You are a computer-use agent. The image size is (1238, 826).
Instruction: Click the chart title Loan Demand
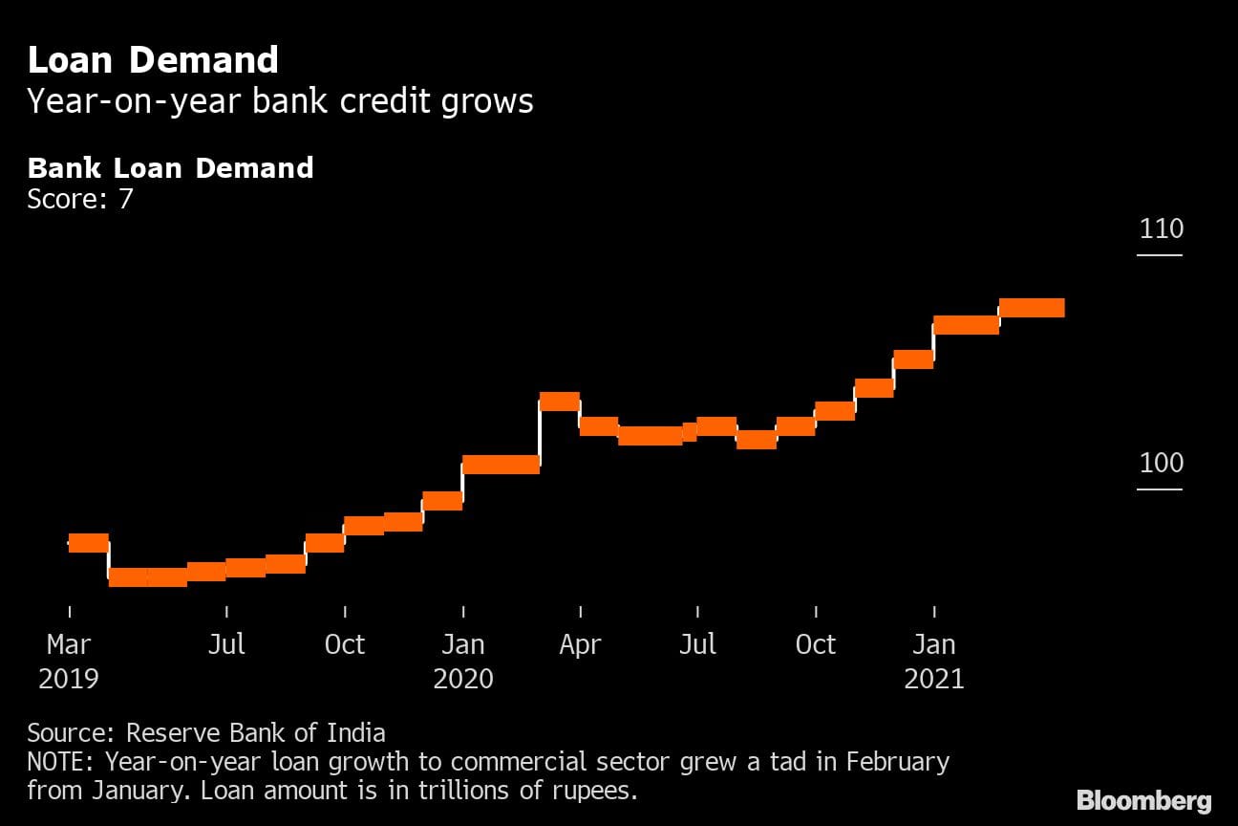153,60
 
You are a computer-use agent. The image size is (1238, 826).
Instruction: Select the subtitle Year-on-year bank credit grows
280,101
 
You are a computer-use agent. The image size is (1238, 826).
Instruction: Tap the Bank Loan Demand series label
170,168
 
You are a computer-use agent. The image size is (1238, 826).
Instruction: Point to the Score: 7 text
80,199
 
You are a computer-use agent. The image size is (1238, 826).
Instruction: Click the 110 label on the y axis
1161,229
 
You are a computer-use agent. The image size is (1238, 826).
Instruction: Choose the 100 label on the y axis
1161,464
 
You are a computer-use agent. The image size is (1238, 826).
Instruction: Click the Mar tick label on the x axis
69,644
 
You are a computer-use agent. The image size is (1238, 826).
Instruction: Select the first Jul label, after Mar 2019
226,644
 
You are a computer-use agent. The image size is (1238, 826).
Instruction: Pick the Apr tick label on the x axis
580,644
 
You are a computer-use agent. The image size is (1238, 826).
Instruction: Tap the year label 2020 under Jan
463,679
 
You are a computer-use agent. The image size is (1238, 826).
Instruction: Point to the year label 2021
934,679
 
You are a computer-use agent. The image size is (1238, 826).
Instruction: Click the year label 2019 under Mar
69,679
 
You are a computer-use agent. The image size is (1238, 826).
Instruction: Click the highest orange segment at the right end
1032,308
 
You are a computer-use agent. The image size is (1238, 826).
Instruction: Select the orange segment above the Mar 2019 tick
89,543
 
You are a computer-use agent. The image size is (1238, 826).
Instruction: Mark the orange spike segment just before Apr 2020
560,402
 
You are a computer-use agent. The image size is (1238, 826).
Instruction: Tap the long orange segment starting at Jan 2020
502,465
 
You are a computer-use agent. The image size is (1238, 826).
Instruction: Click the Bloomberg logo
1143,801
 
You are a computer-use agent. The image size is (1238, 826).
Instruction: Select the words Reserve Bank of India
256,733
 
